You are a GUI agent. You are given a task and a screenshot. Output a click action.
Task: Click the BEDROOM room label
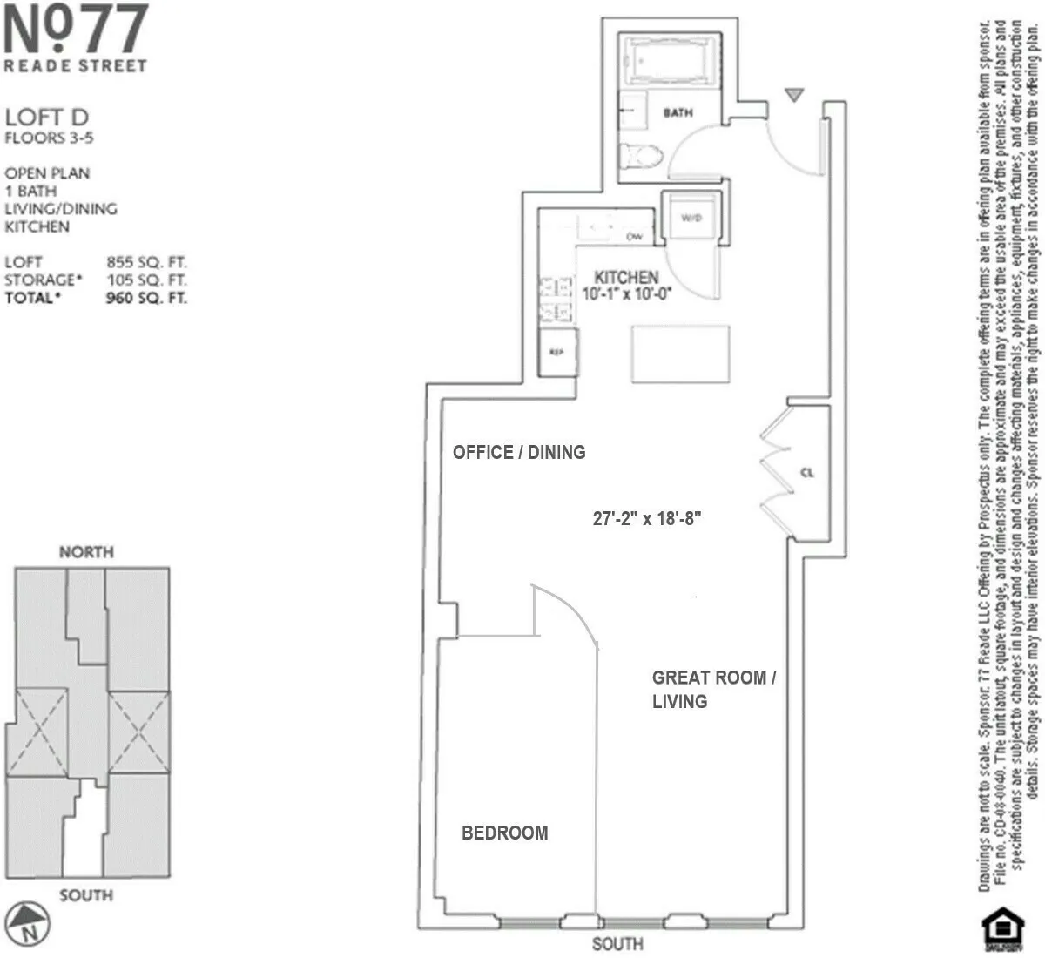[504, 833]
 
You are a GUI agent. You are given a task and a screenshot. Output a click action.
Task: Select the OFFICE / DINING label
[519, 452]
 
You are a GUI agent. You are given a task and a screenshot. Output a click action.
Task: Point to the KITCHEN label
[626, 278]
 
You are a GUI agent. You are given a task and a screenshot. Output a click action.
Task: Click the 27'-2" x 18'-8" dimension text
[647, 518]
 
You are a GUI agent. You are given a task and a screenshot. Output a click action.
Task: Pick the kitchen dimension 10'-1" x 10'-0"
[626, 294]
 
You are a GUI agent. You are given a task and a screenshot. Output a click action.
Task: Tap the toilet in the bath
[638, 156]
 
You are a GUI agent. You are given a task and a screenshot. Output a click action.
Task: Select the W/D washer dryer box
[691, 218]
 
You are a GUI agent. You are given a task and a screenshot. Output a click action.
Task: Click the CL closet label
[806, 473]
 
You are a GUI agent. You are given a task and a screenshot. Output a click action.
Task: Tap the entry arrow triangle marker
[793, 95]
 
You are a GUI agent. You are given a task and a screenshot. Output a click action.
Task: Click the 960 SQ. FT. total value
[146, 298]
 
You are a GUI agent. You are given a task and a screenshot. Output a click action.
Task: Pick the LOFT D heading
[47, 118]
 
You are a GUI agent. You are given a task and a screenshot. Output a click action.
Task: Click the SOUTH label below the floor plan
[617, 944]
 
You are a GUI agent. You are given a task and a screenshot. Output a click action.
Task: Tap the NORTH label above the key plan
[86, 551]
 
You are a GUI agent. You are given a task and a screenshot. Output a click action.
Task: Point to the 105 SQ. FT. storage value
[146, 280]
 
